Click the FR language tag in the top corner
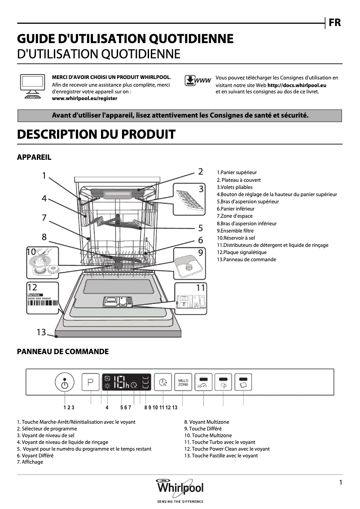click(334, 23)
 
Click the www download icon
click(198, 81)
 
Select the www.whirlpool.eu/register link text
click(85, 98)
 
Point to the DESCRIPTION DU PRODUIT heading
click(96, 134)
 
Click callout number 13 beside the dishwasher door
click(41, 332)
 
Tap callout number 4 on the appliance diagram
click(44, 197)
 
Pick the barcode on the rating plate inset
click(43, 309)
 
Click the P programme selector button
click(90, 383)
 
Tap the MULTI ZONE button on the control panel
click(183, 383)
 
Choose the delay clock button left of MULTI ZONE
click(162, 383)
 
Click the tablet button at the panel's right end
click(243, 382)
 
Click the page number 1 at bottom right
click(341, 483)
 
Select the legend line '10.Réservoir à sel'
click(236, 238)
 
